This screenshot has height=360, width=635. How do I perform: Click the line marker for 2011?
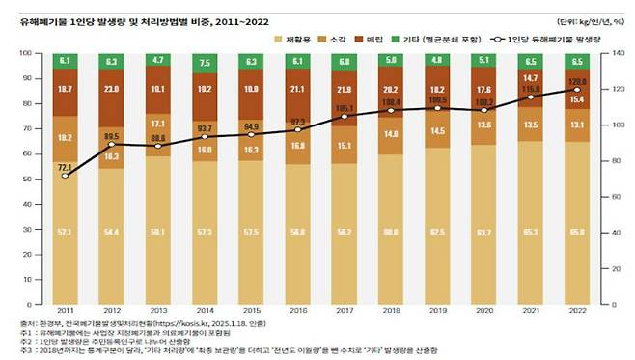65,176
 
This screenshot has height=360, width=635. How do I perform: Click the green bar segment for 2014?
203,63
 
